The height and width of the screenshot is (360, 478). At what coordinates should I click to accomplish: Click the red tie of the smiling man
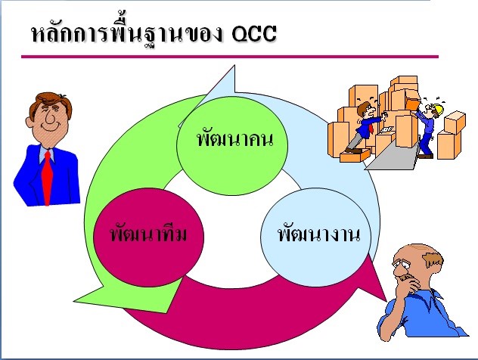click(48, 177)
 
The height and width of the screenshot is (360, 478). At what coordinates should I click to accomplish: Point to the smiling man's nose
click(43, 119)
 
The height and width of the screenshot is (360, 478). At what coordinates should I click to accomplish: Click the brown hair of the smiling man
click(44, 99)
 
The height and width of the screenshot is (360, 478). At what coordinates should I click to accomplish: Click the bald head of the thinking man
click(415, 253)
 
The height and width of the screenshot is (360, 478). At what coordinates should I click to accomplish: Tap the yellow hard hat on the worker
click(436, 110)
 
